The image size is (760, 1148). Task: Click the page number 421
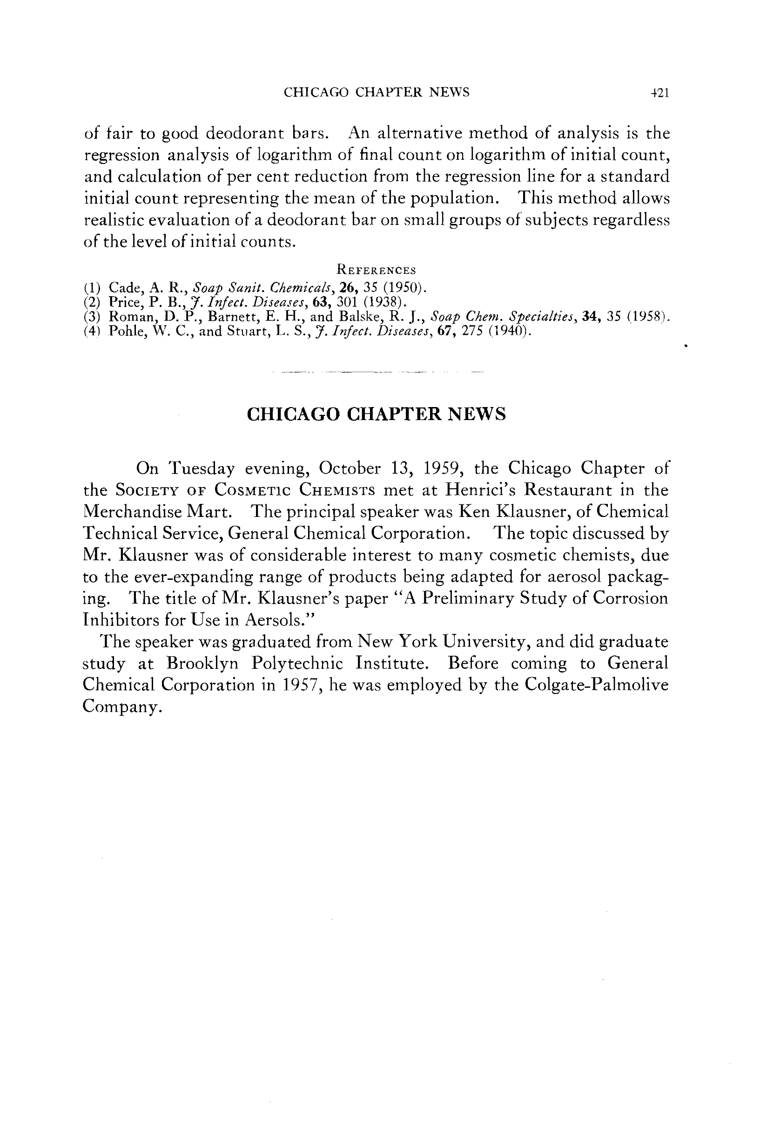pyautogui.click(x=659, y=93)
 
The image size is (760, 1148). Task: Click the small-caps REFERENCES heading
pyautogui.click(x=376, y=270)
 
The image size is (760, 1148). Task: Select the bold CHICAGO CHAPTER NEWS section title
pyautogui.click(x=376, y=414)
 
